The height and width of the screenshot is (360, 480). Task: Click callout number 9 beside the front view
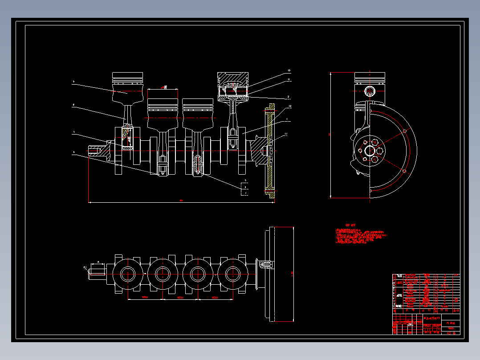(73, 82)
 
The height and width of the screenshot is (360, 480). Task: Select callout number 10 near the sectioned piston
(289, 71)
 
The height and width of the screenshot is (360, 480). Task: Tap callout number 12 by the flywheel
(289, 106)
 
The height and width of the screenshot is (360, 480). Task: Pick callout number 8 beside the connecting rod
(73, 105)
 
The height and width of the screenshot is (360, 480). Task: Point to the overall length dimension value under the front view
(181, 200)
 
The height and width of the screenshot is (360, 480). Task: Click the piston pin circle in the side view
(369, 91)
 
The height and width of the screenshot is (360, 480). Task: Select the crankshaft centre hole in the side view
(369, 151)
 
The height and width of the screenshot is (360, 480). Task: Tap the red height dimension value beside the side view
(329, 134)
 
